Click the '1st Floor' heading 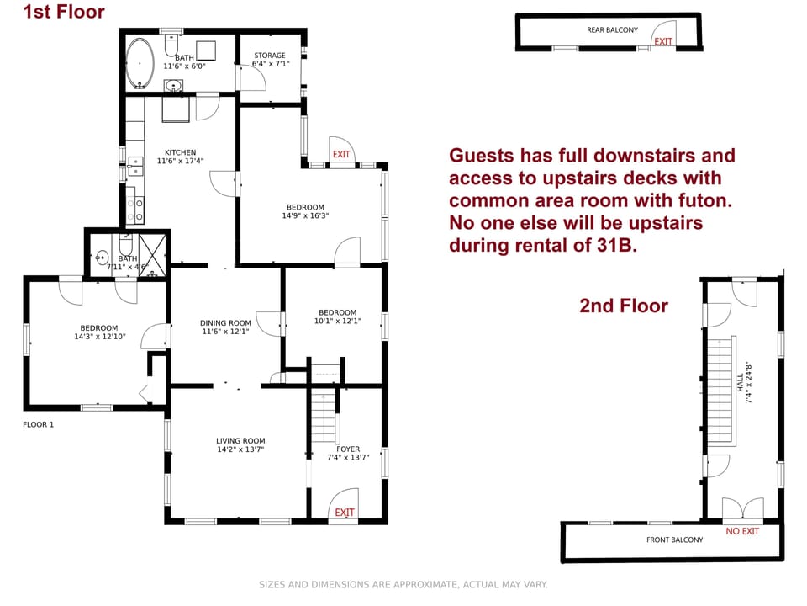[x=64, y=12]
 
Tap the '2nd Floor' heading [x=624, y=306]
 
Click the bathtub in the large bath [x=140, y=64]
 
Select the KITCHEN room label [x=180, y=152]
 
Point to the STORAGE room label [x=270, y=56]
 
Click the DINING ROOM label [x=225, y=322]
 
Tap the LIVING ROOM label [x=240, y=440]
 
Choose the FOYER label [x=348, y=449]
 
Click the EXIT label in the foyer [x=345, y=513]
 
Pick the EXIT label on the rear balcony [x=663, y=41]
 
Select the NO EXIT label [x=742, y=531]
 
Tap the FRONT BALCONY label [x=674, y=540]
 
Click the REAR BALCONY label [x=612, y=30]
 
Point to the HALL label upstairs [x=741, y=384]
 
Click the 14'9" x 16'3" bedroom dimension [x=305, y=215]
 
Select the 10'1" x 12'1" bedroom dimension [x=337, y=321]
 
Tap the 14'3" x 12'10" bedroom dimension [x=99, y=337]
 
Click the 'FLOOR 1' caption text [x=38, y=424]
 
